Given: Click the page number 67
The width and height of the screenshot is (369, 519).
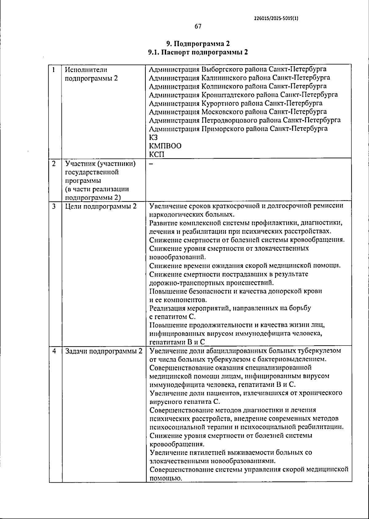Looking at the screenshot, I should pyautogui.click(x=198, y=26).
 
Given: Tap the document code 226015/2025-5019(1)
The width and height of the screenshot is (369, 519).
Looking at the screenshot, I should pyautogui.click(x=276, y=18).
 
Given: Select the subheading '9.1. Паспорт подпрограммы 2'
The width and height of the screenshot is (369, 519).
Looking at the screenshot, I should pyautogui.click(x=198, y=52).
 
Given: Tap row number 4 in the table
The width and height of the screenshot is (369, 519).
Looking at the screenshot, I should pyautogui.click(x=54, y=351).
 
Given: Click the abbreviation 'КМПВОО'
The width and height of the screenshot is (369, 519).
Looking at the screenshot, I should pyautogui.click(x=165, y=146).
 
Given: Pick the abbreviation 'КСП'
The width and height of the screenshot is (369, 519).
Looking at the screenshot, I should pyautogui.click(x=157, y=154).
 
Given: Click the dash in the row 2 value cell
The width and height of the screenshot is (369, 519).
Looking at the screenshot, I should pyautogui.click(x=151, y=164).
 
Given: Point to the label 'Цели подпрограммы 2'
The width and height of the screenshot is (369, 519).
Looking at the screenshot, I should pyautogui.click(x=101, y=206).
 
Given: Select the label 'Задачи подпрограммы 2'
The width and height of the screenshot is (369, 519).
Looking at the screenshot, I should pyautogui.click(x=104, y=351).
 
